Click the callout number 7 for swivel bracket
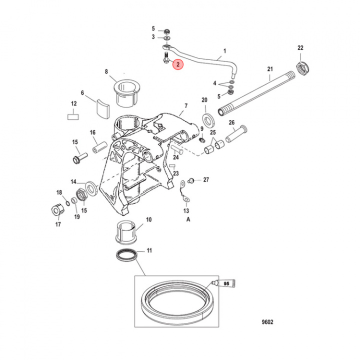(x=185, y=105)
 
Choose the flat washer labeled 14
(x=91, y=187)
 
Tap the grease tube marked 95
(x=218, y=283)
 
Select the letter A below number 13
(x=188, y=219)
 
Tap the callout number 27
(x=206, y=179)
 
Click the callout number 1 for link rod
(x=224, y=51)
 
